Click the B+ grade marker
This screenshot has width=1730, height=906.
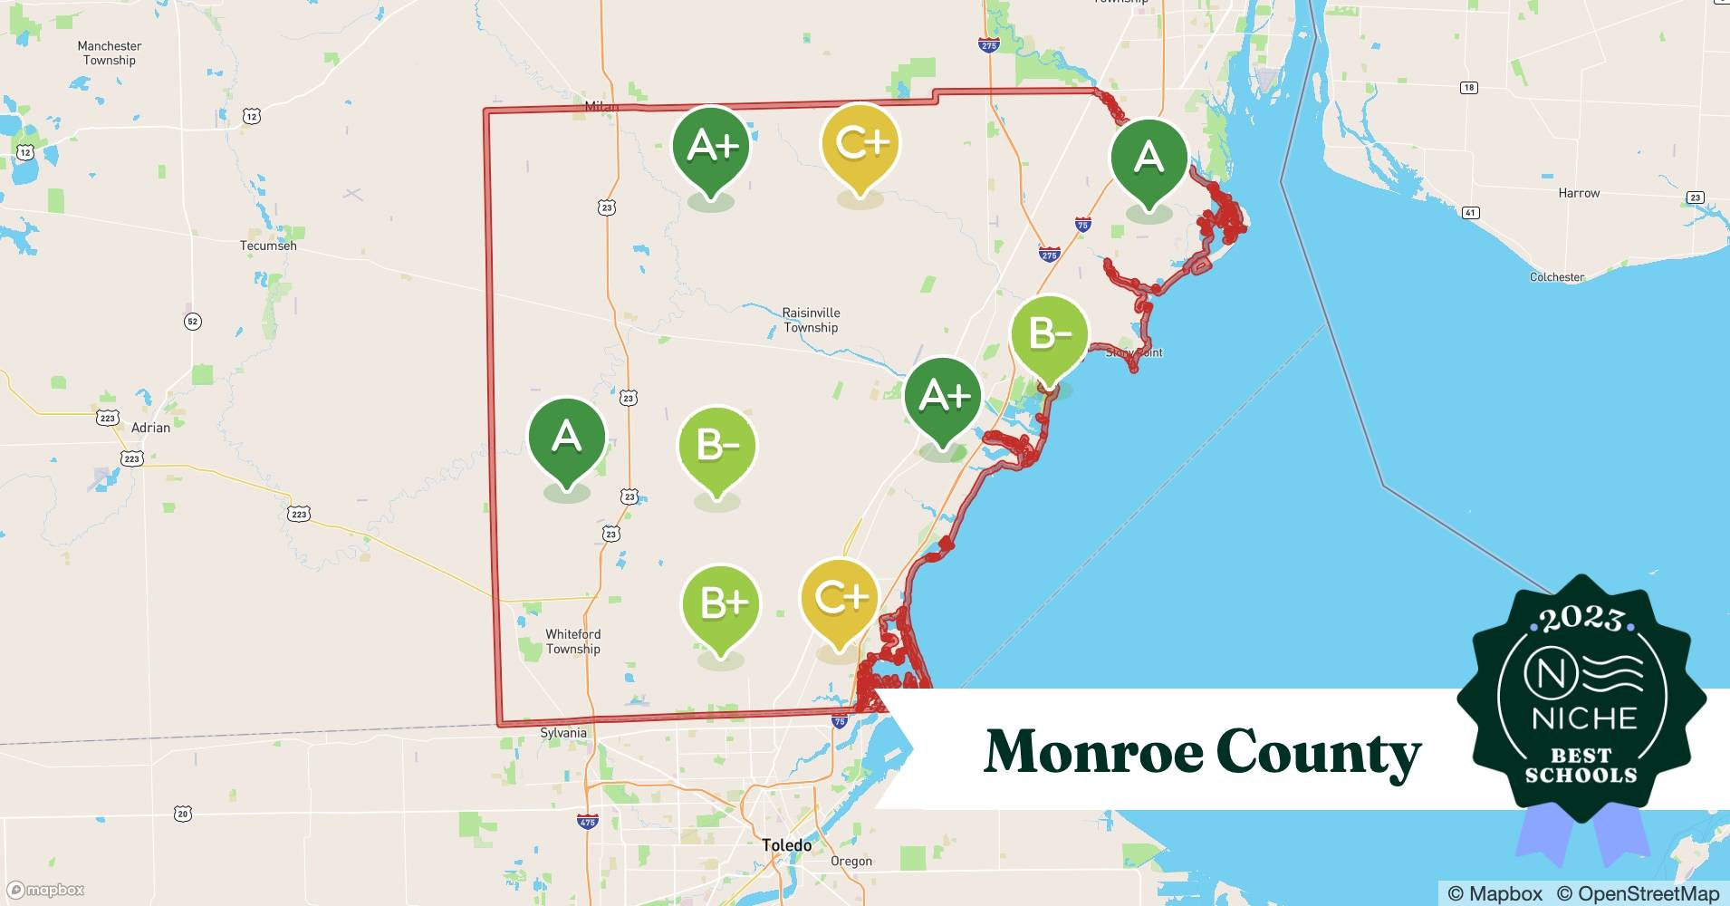(721, 605)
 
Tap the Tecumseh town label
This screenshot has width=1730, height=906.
(268, 246)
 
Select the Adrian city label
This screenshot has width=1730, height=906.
(150, 428)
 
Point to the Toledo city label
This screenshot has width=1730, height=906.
(786, 845)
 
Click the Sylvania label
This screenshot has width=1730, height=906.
(562, 733)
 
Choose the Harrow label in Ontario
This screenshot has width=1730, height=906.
(1579, 193)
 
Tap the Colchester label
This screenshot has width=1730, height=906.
(1557, 277)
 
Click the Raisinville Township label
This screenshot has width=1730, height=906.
(811, 320)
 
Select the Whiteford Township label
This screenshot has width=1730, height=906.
(572, 641)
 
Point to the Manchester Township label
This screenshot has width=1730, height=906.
(110, 53)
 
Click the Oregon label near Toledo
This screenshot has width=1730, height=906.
(851, 862)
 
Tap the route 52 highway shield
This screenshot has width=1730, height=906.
(192, 322)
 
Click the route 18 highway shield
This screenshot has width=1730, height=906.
(1469, 88)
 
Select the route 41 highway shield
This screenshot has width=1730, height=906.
(1470, 213)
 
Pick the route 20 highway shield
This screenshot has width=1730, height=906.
(183, 814)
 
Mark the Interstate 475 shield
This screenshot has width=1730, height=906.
(587, 822)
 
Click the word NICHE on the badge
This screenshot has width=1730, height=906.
(1584, 719)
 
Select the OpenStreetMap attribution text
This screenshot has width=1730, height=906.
(1638, 893)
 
